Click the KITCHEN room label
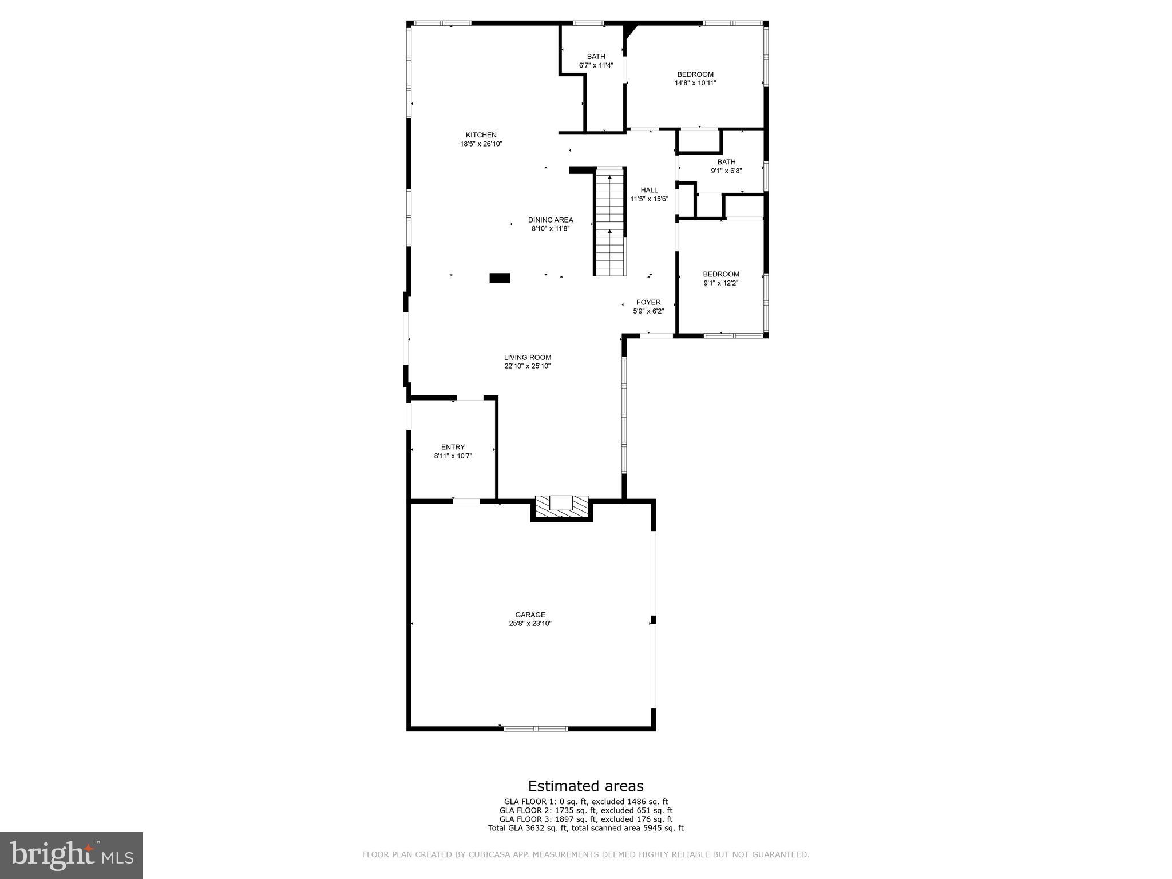tap(481, 135)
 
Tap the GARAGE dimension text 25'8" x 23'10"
tap(530, 624)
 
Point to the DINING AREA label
tap(550, 220)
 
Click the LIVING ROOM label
tap(527, 357)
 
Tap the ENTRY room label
tap(453, 447)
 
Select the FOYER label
tap(648, 302)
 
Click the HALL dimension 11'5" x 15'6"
tap(649, 199)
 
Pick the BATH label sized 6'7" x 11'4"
tap(596, 56)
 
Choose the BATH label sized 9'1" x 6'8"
tap(726, 162)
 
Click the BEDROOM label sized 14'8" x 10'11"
tap(695, 74)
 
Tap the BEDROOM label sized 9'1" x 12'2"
tap(720, 274)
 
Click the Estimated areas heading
tap(585, 786)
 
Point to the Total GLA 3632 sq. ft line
tap(585, 827)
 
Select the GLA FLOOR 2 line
tap(585, 810)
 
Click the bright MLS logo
tap(72, 856)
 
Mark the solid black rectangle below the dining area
tap(499, 278)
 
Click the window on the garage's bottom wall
tap(535, 728)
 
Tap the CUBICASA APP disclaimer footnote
tap(585, 854)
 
